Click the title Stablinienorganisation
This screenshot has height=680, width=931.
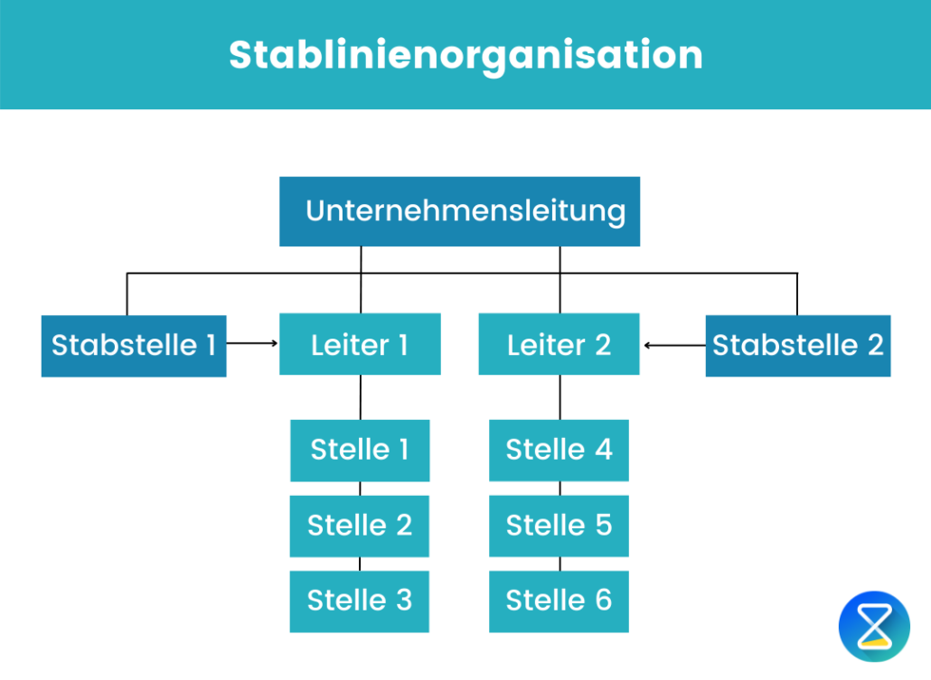pyautogui.click(x=465, y=55)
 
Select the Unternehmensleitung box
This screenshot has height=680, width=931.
pyautogui.click(x=459, y=211)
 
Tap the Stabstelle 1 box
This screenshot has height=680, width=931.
pyautogui.click(x=134, y=345)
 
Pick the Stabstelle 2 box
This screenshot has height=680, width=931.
pyautogui.click(x=797, y=345)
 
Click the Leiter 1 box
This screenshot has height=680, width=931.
pyautogui.click(x=360, y=344)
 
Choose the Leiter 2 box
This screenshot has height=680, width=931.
pyautogui.click(x=559, y=344)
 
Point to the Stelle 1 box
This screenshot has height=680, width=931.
pyautogui.click(x=360, y=450)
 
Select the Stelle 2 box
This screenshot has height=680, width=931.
pyautogui.click(x=360, y=526)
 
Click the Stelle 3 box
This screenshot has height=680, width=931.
pyautogui.click(x=360, y=601)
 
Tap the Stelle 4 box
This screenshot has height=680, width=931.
pyautogui.click(x=559, y=450)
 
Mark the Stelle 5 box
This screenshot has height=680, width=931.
pyautogui.click(x=559, y=526)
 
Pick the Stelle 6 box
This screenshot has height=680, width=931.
pyautogui.click(x=559, y=601)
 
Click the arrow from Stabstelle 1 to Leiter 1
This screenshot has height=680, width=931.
pyautogui.click(x=252, y=343)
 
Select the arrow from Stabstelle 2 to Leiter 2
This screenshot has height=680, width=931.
pyautogui.click(x=673, y=344)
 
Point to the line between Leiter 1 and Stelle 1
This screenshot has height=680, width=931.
pyautogui.click(x=361, y=396)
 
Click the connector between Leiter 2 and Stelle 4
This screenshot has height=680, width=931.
pyautogui.click(x=560, y=396)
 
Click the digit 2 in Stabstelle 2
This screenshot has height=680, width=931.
pyautogui.click(x=874, y=345)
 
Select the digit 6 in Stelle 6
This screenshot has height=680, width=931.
pyautogui.click(x=602, y=601)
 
